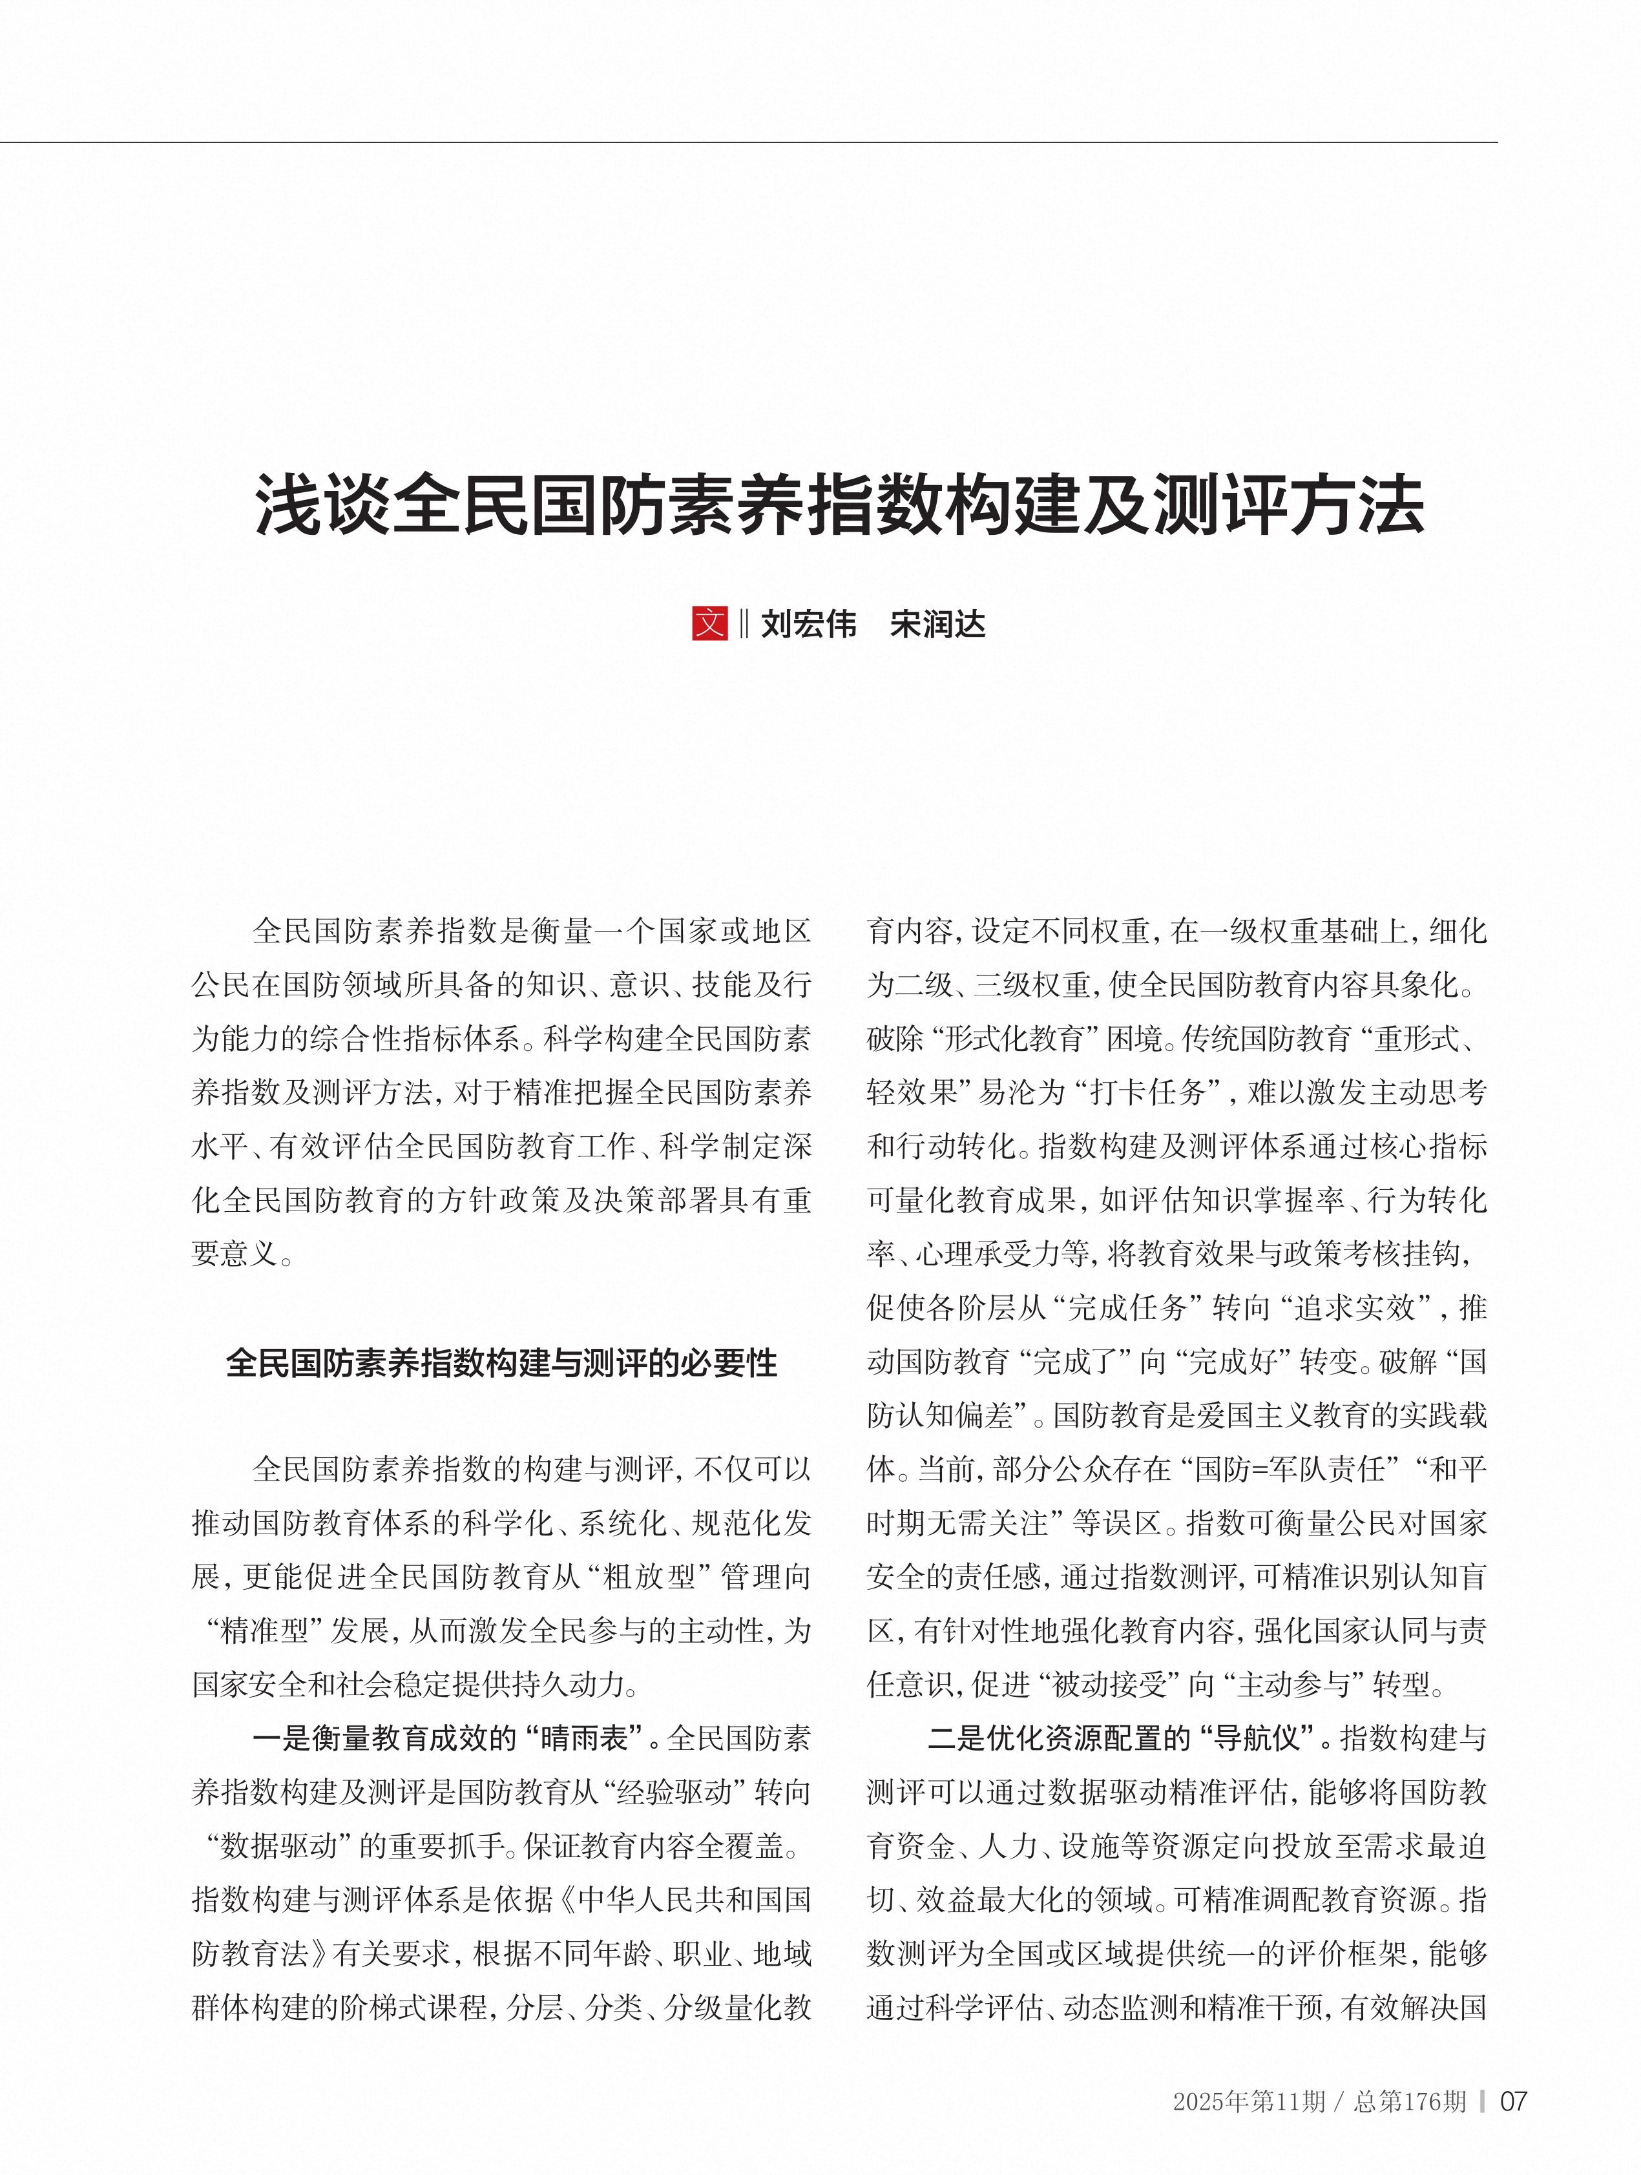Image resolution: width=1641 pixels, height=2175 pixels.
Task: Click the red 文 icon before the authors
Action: [x=709, y=623]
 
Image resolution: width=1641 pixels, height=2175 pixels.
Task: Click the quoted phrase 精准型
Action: [x=264, y=1630]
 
